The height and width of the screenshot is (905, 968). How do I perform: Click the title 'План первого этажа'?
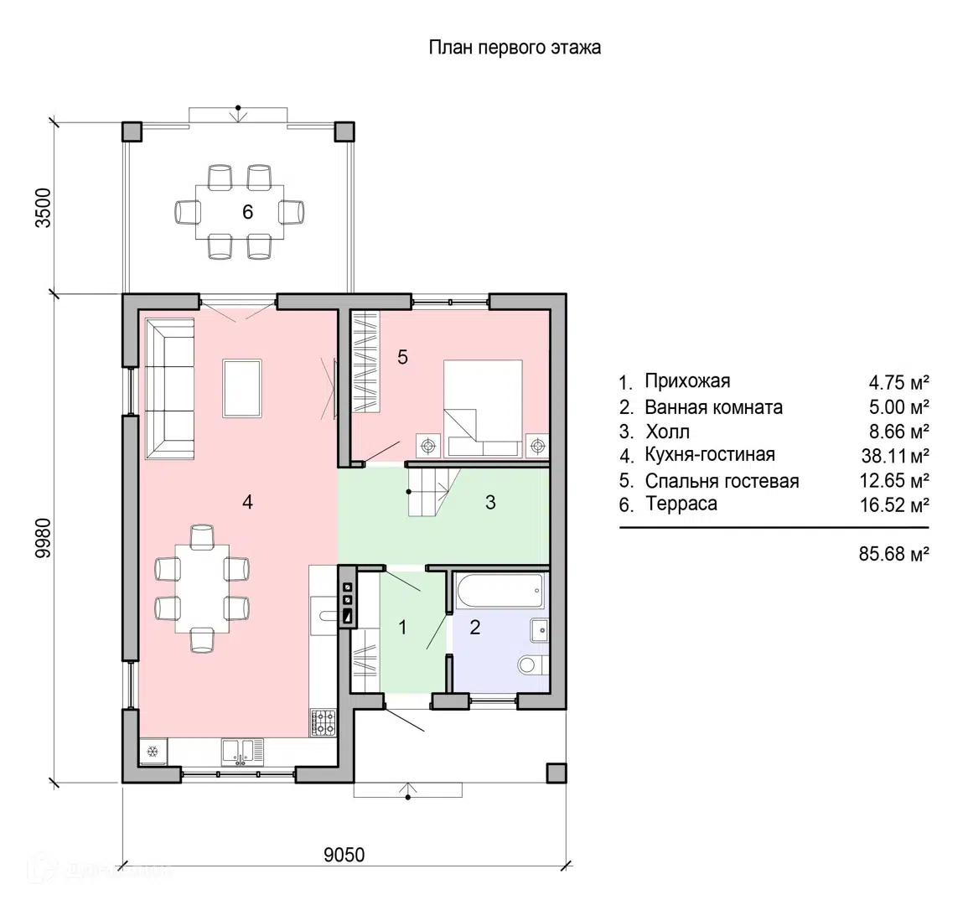coord(515,48)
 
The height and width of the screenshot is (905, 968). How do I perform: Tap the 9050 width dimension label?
coord(344,855)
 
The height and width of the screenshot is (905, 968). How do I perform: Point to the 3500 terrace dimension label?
coord(44,208)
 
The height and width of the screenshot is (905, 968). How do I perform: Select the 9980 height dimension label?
coord(44,538)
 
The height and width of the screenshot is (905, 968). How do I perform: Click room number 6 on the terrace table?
coord(247,212)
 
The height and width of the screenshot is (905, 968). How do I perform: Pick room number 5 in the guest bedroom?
coord(402,357)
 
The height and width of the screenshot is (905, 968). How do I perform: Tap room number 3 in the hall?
coord(490,503)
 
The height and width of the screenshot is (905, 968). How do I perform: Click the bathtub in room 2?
coord(500,592)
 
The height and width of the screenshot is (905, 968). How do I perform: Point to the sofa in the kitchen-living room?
coord(170,388)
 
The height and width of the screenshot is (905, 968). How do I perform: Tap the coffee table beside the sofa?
coord(242,388)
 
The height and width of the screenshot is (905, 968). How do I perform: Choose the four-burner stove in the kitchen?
coord(324,722)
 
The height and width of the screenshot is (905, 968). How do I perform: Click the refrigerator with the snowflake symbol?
coord(153,752)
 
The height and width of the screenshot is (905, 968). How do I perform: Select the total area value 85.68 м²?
coord(894,554)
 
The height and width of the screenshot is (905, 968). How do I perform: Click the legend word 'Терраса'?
coord(681,504)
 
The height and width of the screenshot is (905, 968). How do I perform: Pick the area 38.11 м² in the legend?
coord(895,456)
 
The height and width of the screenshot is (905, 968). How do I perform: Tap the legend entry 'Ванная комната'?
coord(714,407)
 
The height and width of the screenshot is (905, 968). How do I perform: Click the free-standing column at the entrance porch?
coord(556,773)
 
